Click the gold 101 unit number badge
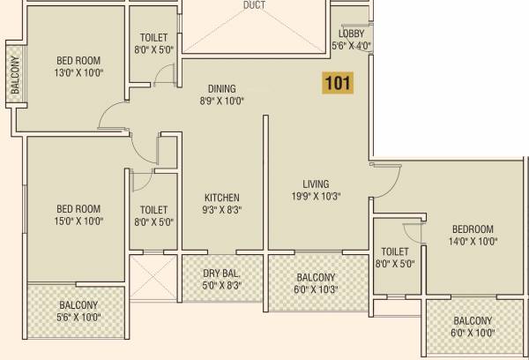(x=339, y=85)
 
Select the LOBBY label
(x=351, y=34)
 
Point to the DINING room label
(x=221, y=88)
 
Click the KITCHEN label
(x=222, y=197)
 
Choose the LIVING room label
(x=316, y=184)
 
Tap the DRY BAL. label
(x=221, y=273)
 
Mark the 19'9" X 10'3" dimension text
(x=316, y=196)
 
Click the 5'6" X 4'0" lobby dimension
(x=351, y=45)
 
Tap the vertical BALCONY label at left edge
(x=14, y=75)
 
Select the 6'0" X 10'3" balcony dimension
(x=316, y=289)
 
